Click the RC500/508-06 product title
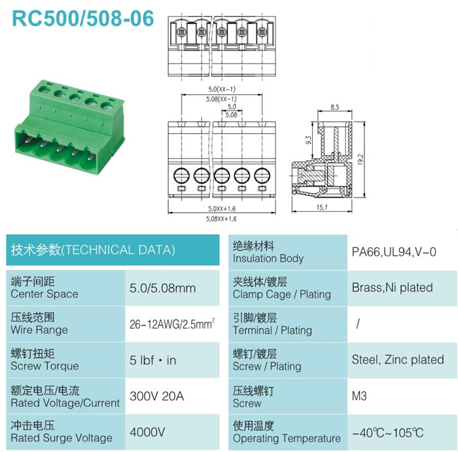coord(82,18)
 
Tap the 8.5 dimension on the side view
coord(335,107)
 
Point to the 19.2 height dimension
coord(361,160)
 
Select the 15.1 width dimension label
coord(322,207)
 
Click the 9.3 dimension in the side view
coord(308,140)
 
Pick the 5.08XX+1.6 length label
coord(221,218)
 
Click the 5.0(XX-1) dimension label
coord(222,89)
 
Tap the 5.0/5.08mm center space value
coord(163,288)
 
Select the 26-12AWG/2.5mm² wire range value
coord(172,324)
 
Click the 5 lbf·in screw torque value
coord(152,360)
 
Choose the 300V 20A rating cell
coord(157,396)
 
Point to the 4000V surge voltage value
coord(147,432)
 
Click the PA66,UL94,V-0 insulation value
coord(394,252)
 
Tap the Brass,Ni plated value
coord(393,288)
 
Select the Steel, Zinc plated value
coord(398,360)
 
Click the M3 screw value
coord(359,396)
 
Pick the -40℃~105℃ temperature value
coord(387,433)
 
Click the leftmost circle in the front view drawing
coord(181,168)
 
